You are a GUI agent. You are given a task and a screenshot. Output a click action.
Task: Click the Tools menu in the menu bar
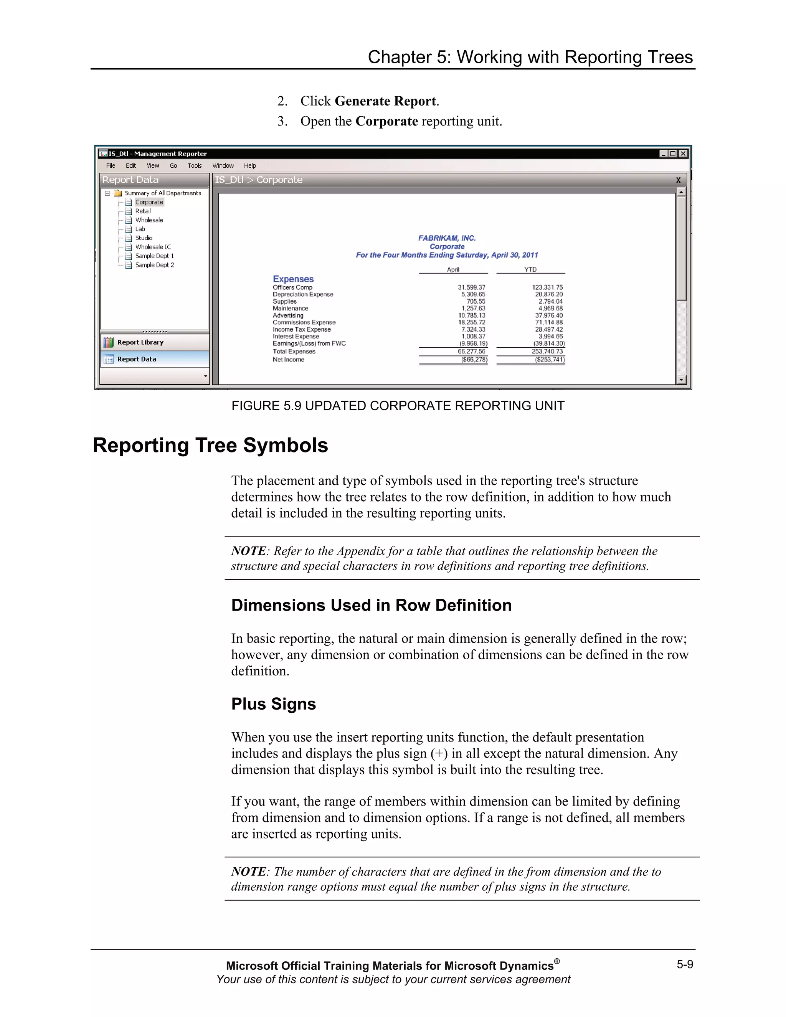[x=194, y=166]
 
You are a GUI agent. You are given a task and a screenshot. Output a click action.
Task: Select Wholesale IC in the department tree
[x=153, y=247]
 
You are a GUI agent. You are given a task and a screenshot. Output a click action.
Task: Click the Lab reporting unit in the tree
[x=140, y=229]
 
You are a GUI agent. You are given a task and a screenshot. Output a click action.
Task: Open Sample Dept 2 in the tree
[x=155, y=265]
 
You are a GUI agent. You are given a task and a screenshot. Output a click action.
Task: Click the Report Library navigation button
[x=140, y=342]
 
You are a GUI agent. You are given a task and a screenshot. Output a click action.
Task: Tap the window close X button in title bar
[x=683, y=154]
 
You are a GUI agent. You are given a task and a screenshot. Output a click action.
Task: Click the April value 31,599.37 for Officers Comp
[x=471, y=287]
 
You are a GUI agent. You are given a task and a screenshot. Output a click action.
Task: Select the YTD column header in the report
[x=530, y=270]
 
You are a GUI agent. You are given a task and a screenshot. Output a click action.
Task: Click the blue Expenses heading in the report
[x=293, y=279]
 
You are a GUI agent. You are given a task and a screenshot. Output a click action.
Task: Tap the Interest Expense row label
[x=296, y=336]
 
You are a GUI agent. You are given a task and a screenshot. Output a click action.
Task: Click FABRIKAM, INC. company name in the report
[x=447, y=238]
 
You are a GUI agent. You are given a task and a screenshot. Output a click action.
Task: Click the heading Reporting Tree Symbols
[x=210, y=445]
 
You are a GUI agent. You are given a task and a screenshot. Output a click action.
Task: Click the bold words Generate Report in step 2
[x=385, y=101]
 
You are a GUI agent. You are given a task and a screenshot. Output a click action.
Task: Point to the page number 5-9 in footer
[x=685, y=964]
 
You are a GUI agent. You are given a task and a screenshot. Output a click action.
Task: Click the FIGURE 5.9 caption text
[x=398, y=406]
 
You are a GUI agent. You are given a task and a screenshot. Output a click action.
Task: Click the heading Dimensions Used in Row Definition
[x=371, y=605]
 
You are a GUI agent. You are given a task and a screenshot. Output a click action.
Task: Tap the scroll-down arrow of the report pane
[x=681, y=380]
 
